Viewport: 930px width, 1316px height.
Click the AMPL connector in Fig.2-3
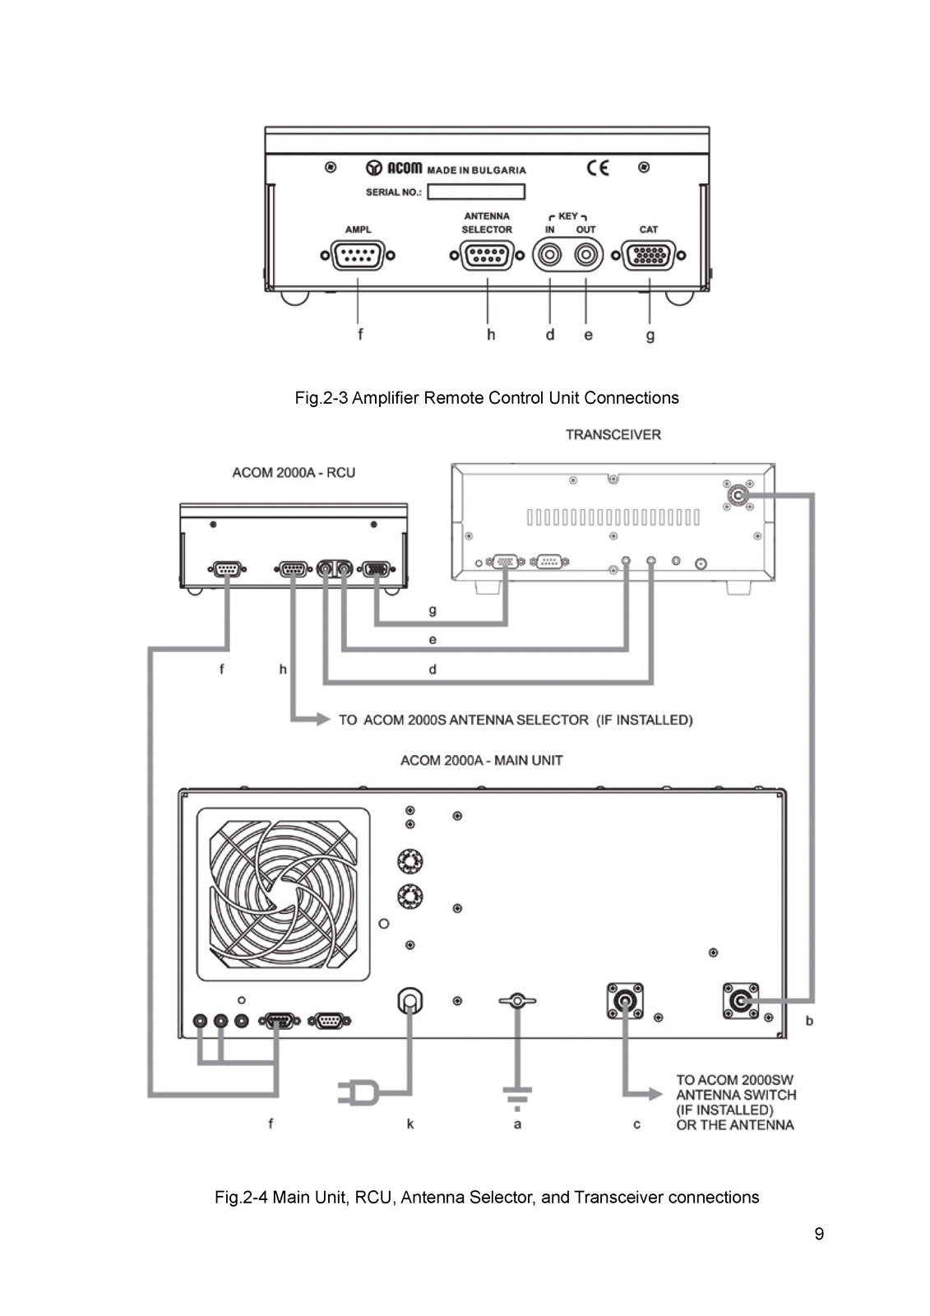[358, 255]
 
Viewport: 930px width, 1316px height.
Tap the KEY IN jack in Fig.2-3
[550, 255]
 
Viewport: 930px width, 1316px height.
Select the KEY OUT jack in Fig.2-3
[585, 255]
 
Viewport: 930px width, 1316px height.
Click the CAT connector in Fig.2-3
[648, 255]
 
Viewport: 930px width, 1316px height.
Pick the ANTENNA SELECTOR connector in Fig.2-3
[487, 255]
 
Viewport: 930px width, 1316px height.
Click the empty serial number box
[476, 192]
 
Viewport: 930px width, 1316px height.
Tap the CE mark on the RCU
[598, 168]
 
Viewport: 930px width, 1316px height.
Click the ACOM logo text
[405, 168]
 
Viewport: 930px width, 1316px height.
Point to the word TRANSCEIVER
[613, 435]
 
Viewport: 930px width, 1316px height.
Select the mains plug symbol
[359, 1093]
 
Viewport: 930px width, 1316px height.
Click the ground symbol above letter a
[517, 1098]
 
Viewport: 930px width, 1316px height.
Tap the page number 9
[819, 1233]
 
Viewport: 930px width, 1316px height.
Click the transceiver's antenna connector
[738, 495]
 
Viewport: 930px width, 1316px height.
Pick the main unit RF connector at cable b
[740, 1000]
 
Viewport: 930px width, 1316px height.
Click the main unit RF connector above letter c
[624, 1000]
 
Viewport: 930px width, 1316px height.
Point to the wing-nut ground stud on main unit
[517, 1000]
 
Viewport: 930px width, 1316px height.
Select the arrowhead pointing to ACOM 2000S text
[322, 719]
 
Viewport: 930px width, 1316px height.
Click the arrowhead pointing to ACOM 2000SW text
[655, 1093]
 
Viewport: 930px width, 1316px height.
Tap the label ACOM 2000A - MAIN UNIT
[481, 760]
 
